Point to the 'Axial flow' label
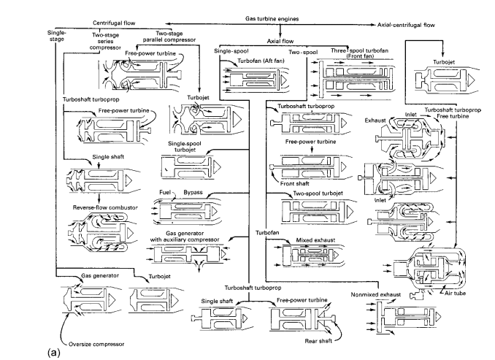[248, 42]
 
